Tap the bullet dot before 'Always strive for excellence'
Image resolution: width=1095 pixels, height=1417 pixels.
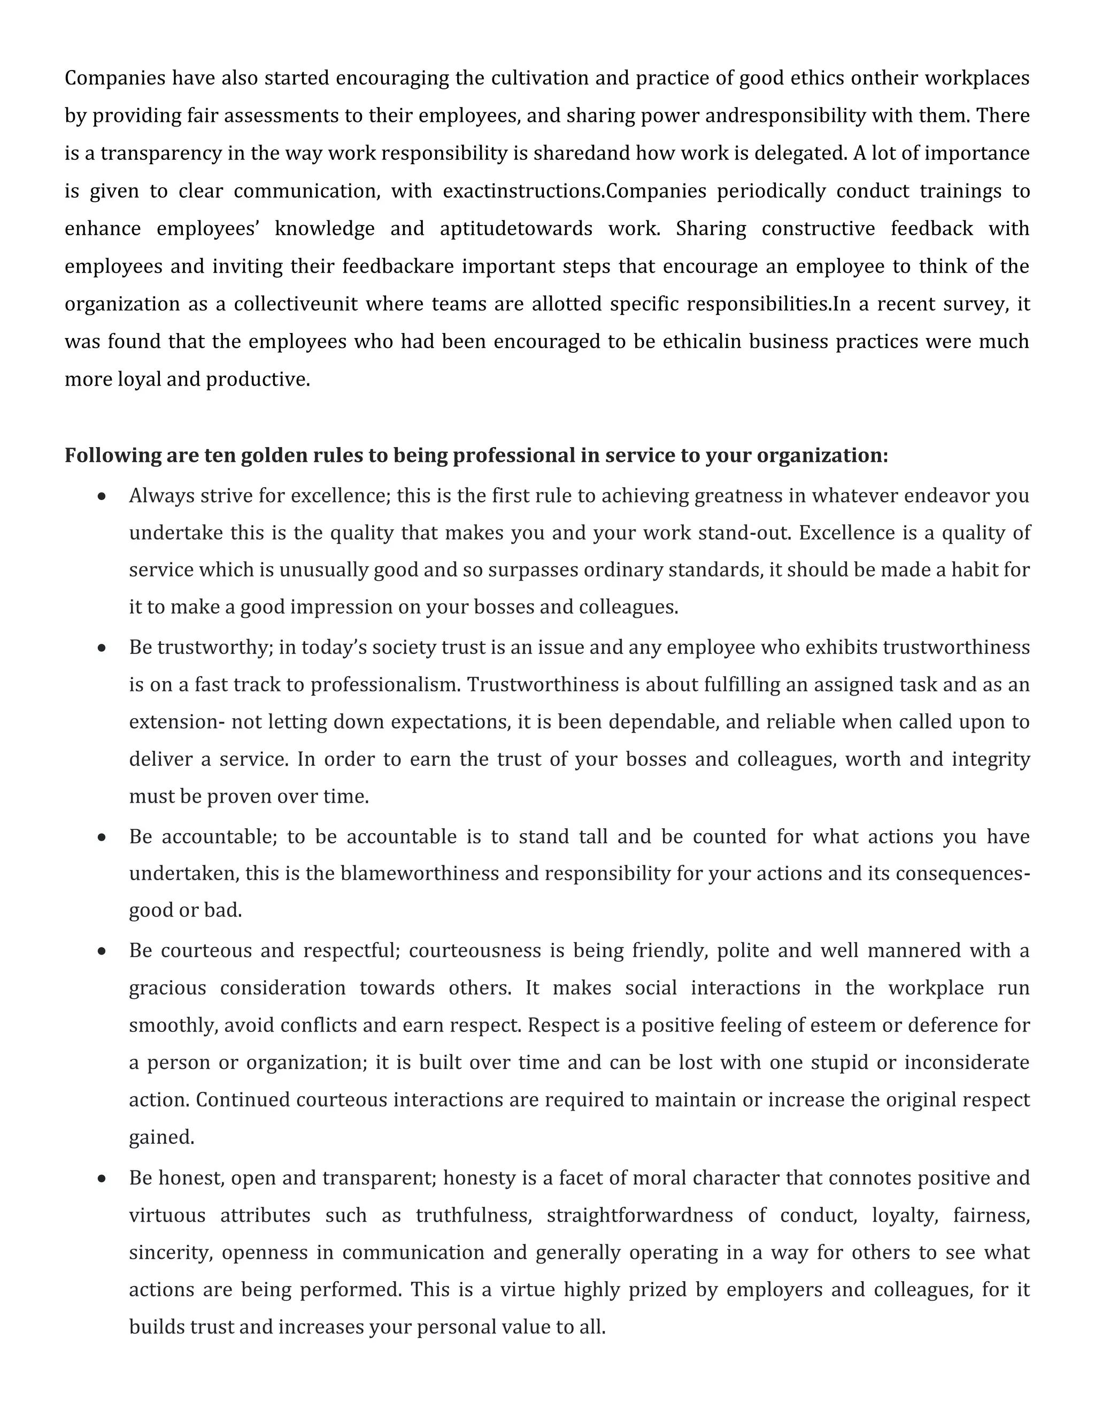pos(101,497)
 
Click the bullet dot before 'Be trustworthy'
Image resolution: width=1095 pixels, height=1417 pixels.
pos(101,648)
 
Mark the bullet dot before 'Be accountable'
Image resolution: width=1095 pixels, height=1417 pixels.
pos(101,837)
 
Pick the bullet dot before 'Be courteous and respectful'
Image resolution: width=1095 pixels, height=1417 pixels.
pos(101,952)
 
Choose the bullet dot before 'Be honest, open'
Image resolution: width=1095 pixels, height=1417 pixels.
pos(101,1179)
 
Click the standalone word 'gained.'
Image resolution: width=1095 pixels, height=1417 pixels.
pos(161,1137)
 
